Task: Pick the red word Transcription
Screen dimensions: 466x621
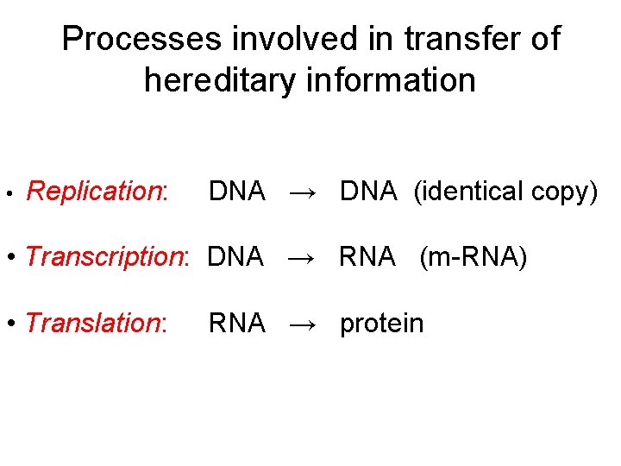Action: [107, 257]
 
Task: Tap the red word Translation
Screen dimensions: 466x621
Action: [95, 324]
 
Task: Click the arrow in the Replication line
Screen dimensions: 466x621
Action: [303, 192]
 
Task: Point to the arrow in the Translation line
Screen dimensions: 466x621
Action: [303, 324]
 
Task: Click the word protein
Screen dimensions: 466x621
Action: [382, 324]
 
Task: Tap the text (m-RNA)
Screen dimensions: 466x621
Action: [473, 257]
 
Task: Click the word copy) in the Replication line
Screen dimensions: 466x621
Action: [564, 192]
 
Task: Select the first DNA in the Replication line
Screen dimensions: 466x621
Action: [237, 192]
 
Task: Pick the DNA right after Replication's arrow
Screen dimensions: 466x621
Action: [368, 192]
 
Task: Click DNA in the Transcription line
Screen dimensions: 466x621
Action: [235, 257]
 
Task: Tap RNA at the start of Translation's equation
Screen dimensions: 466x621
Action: [236, 324]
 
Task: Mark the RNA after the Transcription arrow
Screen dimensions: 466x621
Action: [367, 257]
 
